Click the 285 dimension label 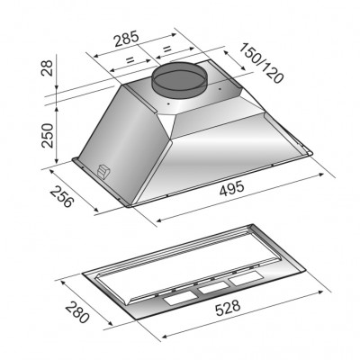127,39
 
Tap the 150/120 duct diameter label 261,63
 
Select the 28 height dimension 48,67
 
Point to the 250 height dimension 48,135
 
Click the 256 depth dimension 62,196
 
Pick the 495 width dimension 232,189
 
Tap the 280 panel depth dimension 77,312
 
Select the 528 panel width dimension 228,308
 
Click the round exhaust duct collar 179,79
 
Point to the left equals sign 130,59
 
